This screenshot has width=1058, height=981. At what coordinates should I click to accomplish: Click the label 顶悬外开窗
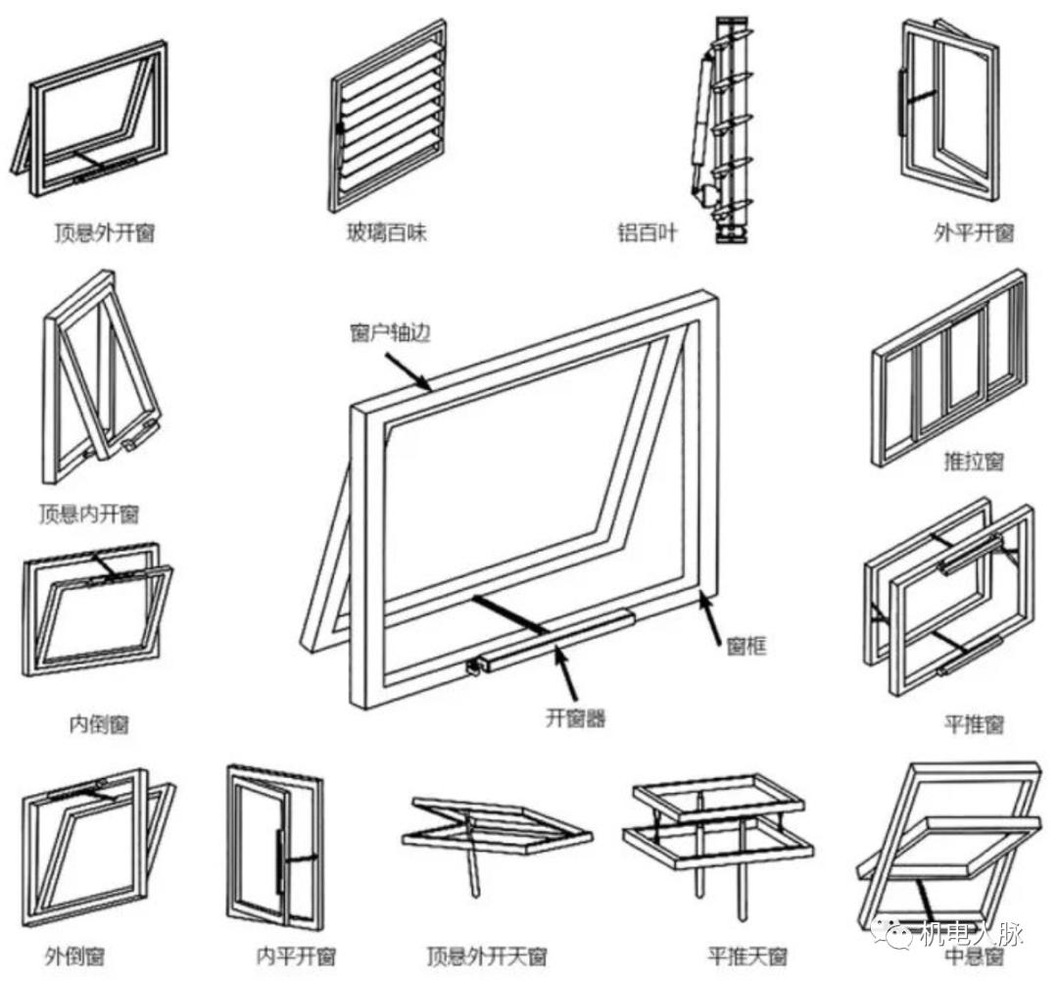click(104, 233)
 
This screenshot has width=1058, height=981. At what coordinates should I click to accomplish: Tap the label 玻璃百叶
click(387, 233)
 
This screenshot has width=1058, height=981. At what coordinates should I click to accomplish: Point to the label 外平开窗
click(973, 233)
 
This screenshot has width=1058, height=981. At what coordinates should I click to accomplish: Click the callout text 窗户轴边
click(390, 333)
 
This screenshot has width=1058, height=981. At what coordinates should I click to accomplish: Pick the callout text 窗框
click(746, 645)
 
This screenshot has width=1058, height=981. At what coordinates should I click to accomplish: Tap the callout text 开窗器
click(575, 718)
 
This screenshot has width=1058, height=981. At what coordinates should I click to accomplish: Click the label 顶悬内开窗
click(88, 514)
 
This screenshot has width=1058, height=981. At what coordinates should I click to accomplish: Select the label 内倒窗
click(98, 724)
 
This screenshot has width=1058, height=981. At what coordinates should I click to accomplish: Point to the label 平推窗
click(973, 724)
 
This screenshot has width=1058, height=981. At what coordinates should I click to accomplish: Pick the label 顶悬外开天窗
click(487, 956)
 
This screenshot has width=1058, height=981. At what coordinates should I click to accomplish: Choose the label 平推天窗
click(746, 956)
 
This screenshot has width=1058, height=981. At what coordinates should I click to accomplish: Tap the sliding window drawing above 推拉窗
click(948, 368)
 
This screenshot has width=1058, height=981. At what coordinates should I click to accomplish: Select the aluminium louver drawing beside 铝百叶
click(723, 127)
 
